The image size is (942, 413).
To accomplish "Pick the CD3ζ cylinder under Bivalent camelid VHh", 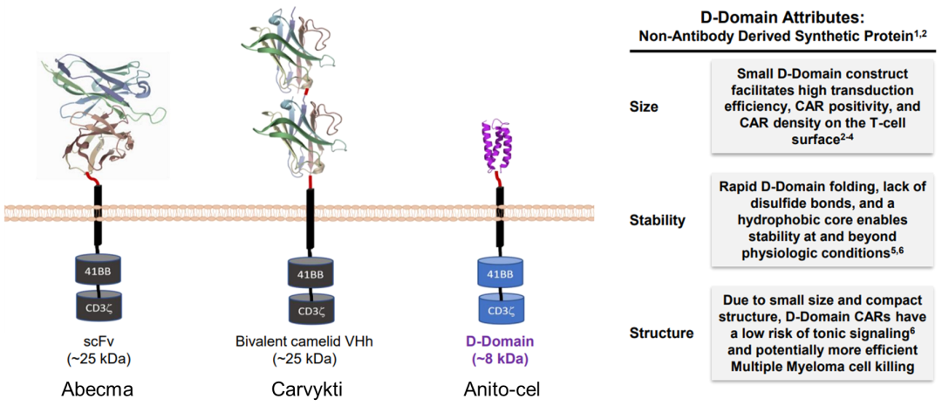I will (311, 308).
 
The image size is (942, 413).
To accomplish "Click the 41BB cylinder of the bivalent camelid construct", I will (311, 274).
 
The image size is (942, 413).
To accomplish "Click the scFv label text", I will (98, 341).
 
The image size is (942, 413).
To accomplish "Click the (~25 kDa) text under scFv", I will (98, 358).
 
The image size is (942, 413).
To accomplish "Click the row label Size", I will (644, 107).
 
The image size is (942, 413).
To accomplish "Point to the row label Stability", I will (657, 220).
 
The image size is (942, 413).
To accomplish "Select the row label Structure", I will (661, 333).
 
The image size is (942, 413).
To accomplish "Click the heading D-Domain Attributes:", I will (782, 17).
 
